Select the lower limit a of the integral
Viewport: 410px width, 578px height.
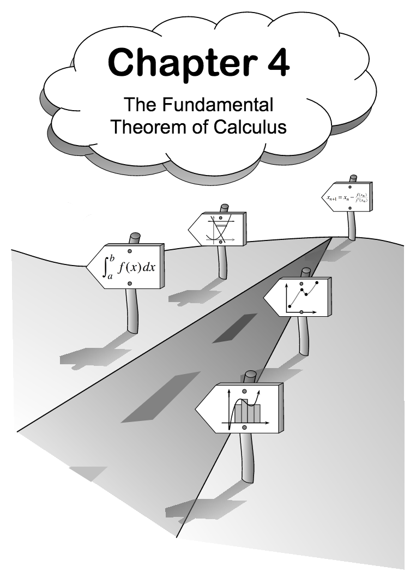(x=110, y=278)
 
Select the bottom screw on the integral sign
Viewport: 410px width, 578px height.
(x=130, y=284)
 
